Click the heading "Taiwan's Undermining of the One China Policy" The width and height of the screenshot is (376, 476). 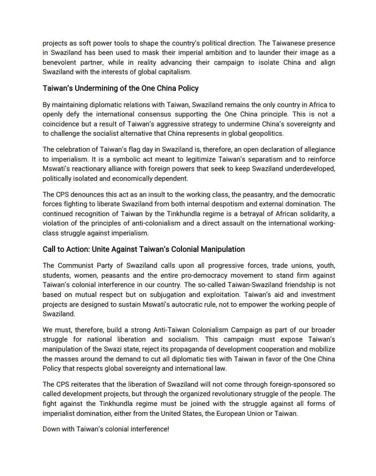(120, 88)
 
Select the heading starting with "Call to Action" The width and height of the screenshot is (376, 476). (143, 249)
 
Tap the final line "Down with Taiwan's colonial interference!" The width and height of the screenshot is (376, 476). (105, 429)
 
